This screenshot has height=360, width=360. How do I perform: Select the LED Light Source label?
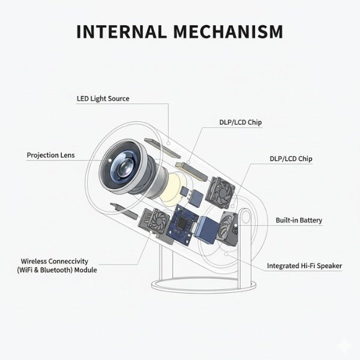103,98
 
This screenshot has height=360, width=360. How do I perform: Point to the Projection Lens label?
50,155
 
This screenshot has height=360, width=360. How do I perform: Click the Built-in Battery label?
299,220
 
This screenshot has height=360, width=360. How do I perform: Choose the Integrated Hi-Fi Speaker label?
304,265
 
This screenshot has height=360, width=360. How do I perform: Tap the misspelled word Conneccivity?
68,262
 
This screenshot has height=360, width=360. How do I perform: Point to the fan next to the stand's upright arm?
226,229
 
